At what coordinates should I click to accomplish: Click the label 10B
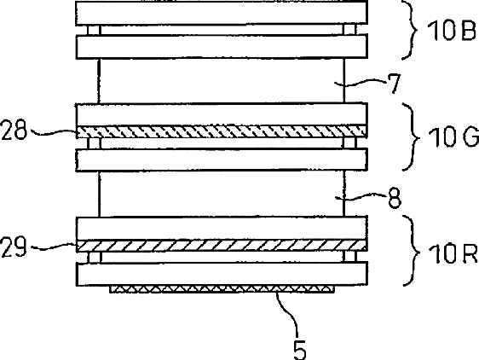pyautogui.click(x=452, y=31)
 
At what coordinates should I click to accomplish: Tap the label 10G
pyautogui.click(x=453, y=137)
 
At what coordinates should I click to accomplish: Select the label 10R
pyautogui.click(x=453, y=254)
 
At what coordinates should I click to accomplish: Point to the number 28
pyautogui.click(x=14, y=130)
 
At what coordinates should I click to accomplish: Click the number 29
pyautogui.click(x=14, y=247)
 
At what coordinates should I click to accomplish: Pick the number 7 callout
pyautogui.click(x=394, y=84)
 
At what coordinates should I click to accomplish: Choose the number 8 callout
pyautogui.click(x=395, y=199)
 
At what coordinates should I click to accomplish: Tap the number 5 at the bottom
pyautogui.click(x=300, y=350)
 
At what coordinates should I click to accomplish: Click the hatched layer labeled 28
pyautogui.click(x=222, y=132)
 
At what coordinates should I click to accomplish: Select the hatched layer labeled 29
pyautogui.click(x=222, y=246)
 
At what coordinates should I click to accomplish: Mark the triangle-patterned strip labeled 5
pyautogui.click(x=222, y=289)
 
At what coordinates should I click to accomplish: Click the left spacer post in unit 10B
pyautogui.click(x=94, y=30)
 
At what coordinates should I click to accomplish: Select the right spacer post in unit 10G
pyautogui.click(x=349, y=143)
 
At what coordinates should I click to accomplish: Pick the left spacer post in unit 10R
pyautogui.click(x=94, y=257)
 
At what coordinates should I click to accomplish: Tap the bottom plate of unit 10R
pyautogui.click(x=222, y=274)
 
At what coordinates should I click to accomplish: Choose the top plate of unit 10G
pyautogui.click(x=222, y=114)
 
